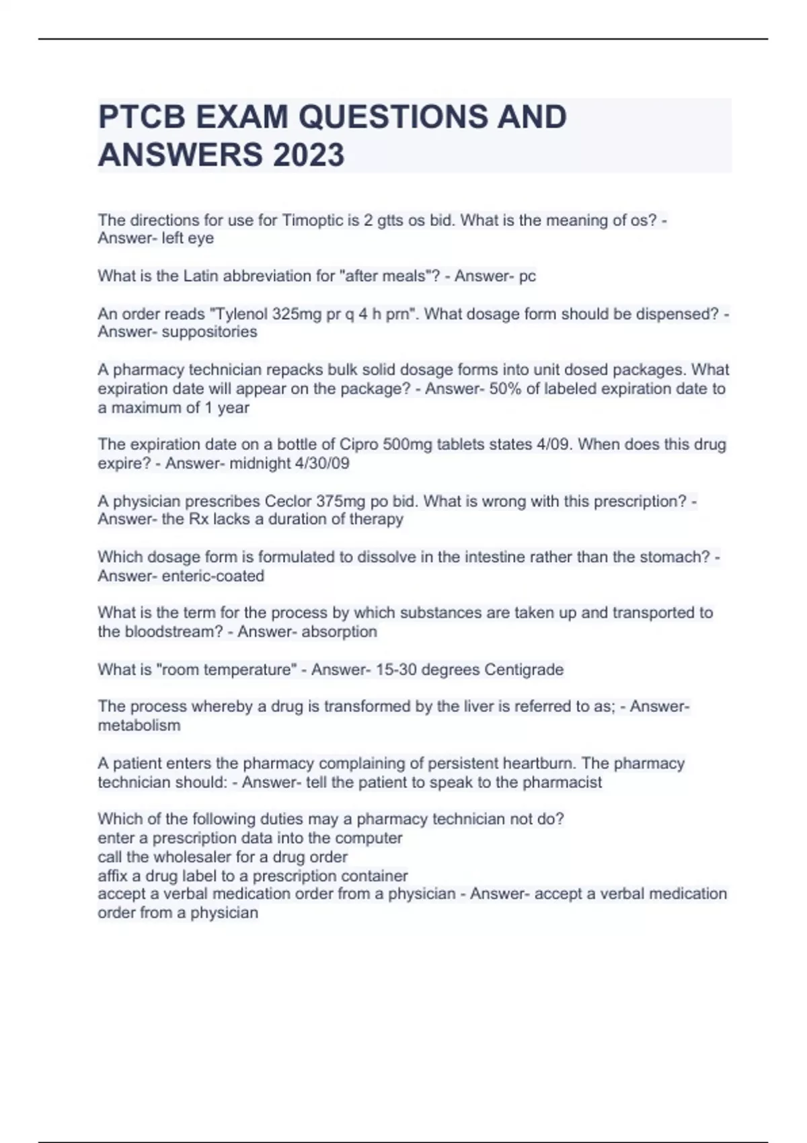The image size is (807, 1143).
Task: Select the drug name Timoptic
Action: click(x=312, y=221)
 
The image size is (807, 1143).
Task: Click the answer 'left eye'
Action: click(x=188, y=238)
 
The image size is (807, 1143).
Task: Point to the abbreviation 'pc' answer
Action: click(x=527, y=276)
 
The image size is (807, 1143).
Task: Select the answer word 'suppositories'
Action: click(x=209, y=332)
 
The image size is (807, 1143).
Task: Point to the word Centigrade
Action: click(x=524, y=670)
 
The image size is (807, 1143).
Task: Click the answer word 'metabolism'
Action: click(x=139, y=725)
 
